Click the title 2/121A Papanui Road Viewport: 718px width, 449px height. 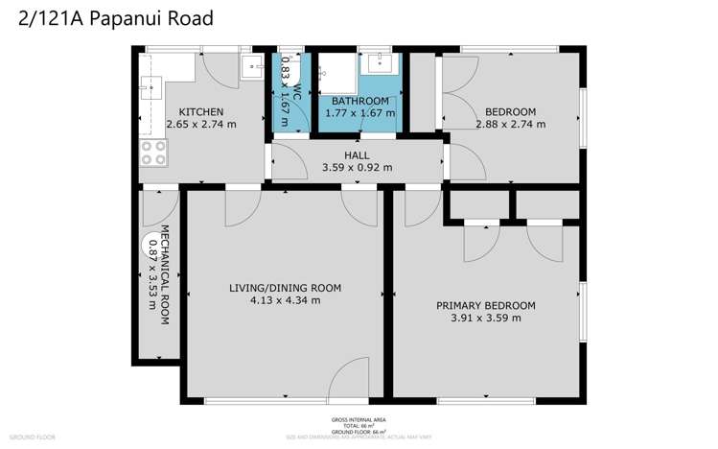[x=116, y=18]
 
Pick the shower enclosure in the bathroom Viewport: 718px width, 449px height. [x=336, y=73]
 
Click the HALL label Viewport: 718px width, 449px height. [x=357, y=154]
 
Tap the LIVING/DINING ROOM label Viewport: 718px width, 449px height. [x=285, y=287]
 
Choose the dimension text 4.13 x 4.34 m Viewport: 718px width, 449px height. [x=285, y=300]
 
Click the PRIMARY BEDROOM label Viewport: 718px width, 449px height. [x=485, y=306]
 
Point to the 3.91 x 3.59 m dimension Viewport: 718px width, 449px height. [x=485, y=319]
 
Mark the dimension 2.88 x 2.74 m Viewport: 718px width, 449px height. [x=509, y=125]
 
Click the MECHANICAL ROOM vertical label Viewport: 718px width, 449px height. [x=164, y=272]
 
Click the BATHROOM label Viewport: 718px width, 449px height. [x=359, y=101]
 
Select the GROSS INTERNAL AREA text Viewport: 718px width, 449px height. [x=359, y=420]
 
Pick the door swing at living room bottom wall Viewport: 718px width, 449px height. [x=347, y=378]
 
